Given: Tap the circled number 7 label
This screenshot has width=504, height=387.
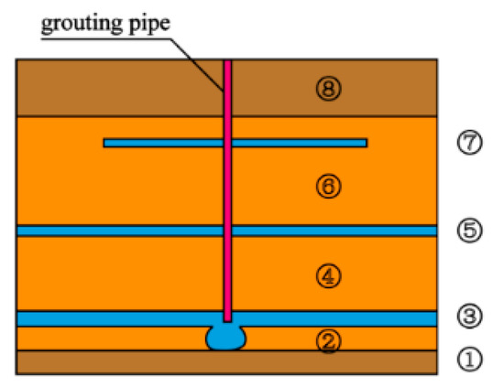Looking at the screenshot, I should (469, 143).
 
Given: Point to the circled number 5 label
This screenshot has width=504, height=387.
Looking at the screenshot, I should (469, 231).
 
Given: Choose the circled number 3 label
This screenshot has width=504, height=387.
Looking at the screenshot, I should (469, 318).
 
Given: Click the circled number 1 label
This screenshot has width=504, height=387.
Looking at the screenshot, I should (469, 361).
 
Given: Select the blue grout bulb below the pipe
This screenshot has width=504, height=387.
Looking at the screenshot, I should (226, 338).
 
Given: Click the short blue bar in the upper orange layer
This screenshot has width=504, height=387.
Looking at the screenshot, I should (293, 143).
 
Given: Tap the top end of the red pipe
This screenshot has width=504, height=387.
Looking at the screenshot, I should (227, 62).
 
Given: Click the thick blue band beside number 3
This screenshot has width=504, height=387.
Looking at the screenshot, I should (110, 318).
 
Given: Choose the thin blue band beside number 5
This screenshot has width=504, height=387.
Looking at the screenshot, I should (110, 231).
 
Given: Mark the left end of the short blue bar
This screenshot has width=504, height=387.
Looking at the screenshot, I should (106, 143).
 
